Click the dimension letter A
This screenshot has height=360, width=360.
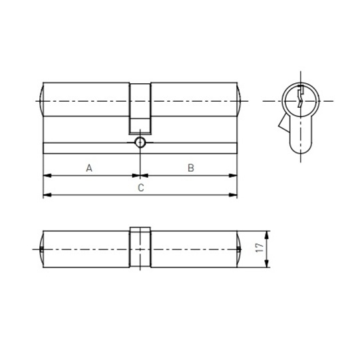(x=89, y=168)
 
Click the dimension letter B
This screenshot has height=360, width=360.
(x=191, y=168)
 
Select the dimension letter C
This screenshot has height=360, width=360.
(x=141, y=188)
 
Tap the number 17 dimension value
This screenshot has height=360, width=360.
(x=260, y=248)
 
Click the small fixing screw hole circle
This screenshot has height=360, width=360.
(x=140, y=142)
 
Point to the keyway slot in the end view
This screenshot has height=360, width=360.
(x=301, y=96)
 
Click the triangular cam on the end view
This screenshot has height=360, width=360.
(x=284, y=124)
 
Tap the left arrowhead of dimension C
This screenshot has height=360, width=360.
(x=47, y=195)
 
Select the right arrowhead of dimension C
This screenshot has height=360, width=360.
(x=233, y=195)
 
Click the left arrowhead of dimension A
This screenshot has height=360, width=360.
(x=47, y=176)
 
